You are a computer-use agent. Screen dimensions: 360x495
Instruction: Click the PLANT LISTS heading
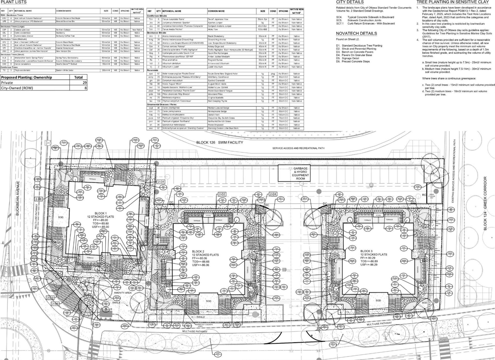(14, 2)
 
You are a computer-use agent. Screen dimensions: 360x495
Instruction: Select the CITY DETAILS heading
(350, 2)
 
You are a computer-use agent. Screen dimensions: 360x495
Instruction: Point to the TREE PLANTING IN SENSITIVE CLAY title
(455, 2)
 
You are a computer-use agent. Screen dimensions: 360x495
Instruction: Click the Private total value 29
(84, 83)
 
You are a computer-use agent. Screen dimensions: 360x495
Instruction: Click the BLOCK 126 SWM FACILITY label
(220, 143)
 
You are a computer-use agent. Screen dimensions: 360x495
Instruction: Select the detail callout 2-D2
(222, 194)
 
